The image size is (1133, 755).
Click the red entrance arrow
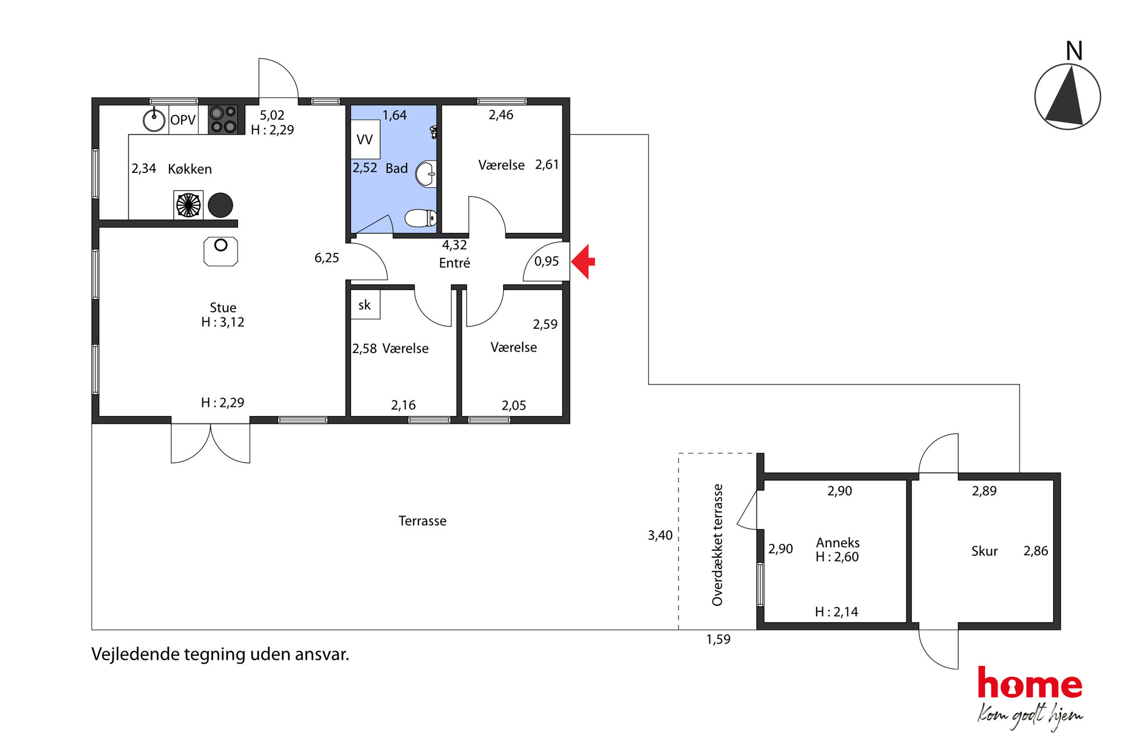tap(583, 262)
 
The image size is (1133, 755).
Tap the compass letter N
tap(1074, 51)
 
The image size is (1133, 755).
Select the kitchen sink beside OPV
tap(154, 120)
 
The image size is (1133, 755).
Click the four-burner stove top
tap(223, 120)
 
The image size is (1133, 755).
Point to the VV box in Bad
tap(365, 139)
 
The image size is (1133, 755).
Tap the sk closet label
tap(364, 305)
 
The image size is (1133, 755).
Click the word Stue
tap(223, 308)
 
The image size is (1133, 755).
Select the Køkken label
tap(190, 169)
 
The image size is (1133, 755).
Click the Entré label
tap(455, 263)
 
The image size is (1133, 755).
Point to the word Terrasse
tap(423, 521)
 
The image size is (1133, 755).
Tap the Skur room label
tap(985, 551)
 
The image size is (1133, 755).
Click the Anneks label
tap(838, 543)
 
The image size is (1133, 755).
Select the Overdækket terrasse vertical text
tap(717, 545)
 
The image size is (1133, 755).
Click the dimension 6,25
tap(327, 258)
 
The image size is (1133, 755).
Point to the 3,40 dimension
tap(660, 535)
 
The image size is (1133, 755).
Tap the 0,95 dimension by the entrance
tap(547, 261)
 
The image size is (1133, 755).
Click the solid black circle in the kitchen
tap(220, 205)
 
